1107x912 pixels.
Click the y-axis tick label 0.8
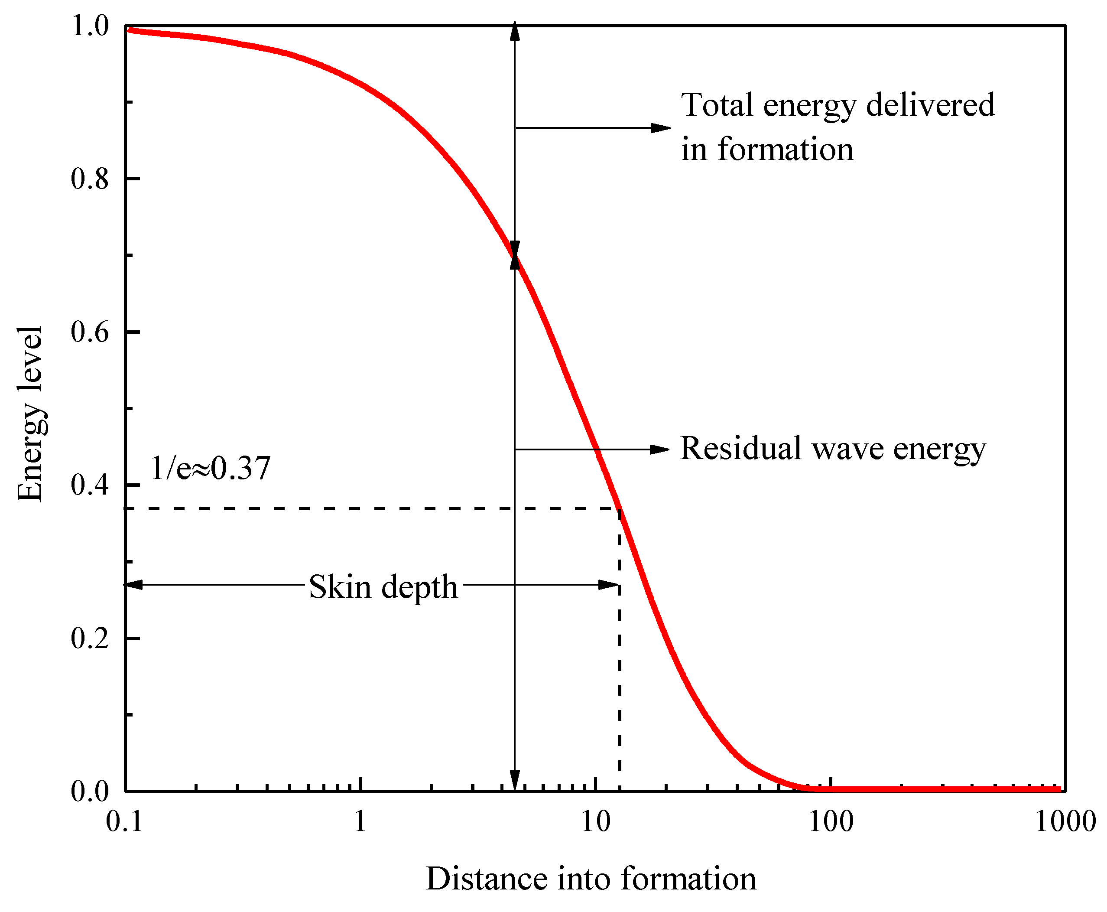pos(89,179)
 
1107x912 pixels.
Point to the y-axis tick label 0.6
pos(89,332)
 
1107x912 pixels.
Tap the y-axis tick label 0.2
pos(89,638)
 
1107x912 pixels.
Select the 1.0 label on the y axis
pos(89,26)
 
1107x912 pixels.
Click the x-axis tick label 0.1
pos(124,821)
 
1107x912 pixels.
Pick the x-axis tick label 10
pos(595,821)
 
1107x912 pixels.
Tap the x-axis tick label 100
pos(831,821)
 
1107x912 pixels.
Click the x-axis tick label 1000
pos(1065,821)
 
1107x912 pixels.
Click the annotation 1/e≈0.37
pos(210,468)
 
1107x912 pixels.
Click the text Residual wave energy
pos(833,449)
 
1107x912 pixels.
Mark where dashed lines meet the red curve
pos(620,508)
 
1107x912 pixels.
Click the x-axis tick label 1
pos(360,821)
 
